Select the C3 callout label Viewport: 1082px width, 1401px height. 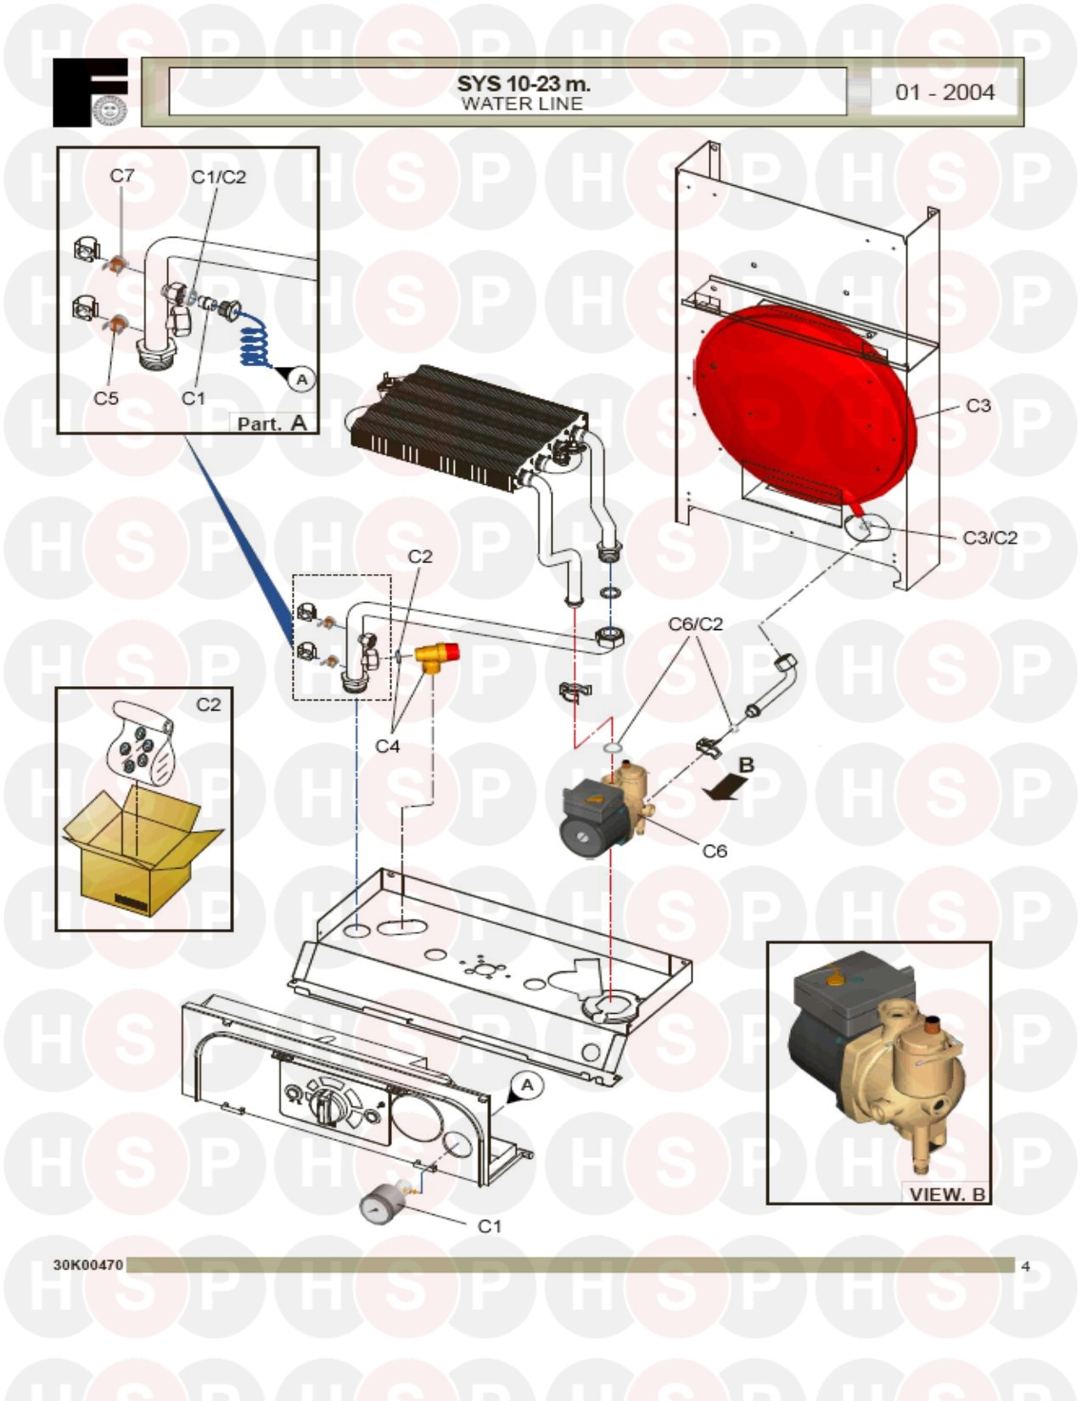978,406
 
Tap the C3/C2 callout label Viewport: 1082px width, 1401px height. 989,537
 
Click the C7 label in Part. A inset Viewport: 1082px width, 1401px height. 122,176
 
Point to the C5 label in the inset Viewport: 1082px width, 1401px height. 106,397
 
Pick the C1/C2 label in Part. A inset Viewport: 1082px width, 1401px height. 218,177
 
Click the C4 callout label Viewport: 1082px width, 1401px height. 387,746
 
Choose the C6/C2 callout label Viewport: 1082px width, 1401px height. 695,623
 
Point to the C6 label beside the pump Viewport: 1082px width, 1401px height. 715,851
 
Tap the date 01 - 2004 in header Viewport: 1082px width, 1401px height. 945,93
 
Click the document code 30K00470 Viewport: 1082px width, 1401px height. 87,1264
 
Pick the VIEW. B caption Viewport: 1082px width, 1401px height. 947,1194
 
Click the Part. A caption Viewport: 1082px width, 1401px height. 272,424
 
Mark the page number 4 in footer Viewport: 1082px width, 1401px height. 1025,1266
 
